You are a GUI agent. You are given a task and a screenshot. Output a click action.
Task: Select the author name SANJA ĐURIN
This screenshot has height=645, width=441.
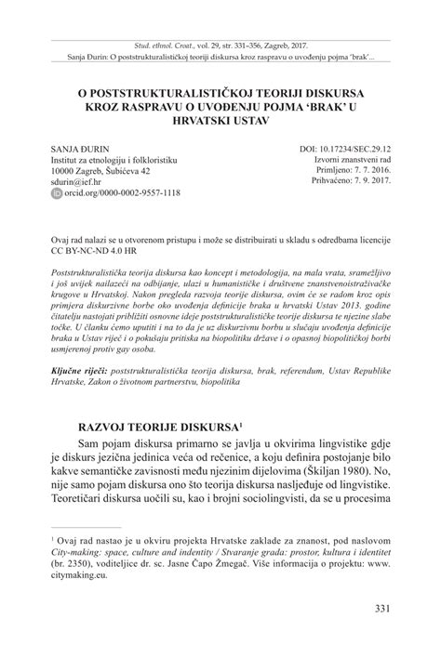point(80,149)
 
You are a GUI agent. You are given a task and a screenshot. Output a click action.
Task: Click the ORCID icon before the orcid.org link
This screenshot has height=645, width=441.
point(56,194)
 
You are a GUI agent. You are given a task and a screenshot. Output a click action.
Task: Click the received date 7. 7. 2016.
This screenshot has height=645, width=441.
point(366,171)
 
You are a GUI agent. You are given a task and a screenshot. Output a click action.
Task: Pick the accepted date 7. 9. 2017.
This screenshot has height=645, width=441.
point(366,182)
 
